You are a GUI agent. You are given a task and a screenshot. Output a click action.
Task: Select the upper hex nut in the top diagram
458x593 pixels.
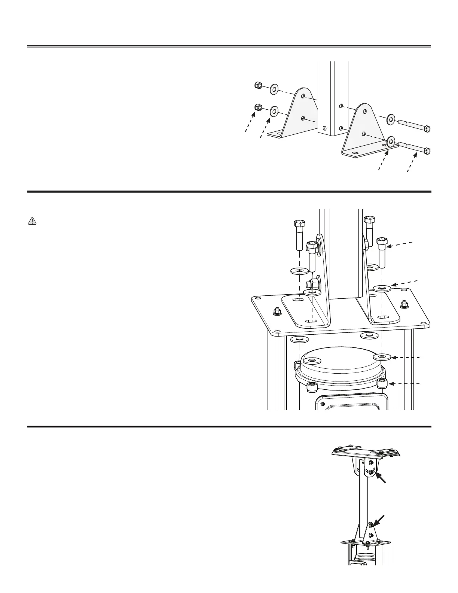pos(258,86)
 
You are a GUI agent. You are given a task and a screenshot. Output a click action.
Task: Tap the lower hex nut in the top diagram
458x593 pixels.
pos(258,108)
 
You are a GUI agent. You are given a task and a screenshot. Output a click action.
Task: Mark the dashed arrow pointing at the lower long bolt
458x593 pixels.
pos(413,161)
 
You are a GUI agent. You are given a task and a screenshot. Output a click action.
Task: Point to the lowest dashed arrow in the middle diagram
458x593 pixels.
pos(404,384)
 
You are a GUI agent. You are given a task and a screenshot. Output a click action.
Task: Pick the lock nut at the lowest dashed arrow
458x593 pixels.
pos(382,384)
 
